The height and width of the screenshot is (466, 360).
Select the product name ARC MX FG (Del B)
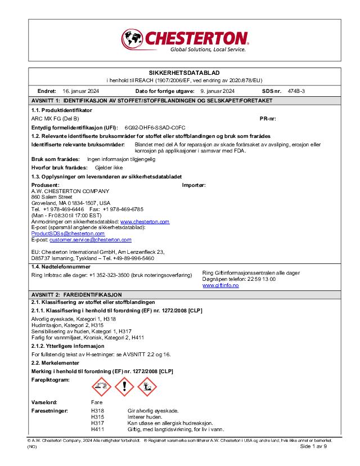pos(55,119)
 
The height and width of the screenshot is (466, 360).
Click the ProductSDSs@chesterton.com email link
pos(67,233)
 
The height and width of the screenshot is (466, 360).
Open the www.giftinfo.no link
pos(220,285)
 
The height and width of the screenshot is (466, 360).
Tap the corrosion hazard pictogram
pos(101,387)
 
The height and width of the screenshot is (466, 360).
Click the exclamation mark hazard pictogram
pos(124,387)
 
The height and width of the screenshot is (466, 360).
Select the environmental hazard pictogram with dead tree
pos(147,387)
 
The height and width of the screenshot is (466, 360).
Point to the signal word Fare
pos(97,403)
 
